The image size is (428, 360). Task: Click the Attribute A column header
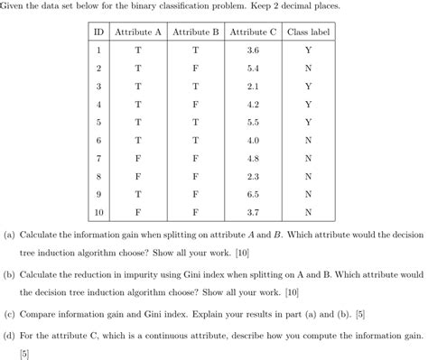[138, 32]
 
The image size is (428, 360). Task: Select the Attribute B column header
[195, 32]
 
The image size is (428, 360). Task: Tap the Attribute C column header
[253, 32]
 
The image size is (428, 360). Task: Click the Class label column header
[308, 32]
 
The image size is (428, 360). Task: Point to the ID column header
[98, 32]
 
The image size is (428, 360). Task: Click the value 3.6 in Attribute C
[253, 51]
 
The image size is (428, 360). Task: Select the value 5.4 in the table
[253, 69]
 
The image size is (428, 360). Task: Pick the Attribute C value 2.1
[253, 87]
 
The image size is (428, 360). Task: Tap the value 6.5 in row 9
[253, 194]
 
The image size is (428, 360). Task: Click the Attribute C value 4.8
[253, 158]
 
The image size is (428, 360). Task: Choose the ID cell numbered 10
[98, 212]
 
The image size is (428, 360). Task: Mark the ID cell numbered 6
[98, 140]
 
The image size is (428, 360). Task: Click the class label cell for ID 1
[308, 51]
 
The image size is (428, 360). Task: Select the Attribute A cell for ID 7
[138, 158]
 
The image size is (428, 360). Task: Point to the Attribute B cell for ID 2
[195, 69]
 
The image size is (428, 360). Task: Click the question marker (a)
[10, 234]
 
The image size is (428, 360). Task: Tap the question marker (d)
[10, 335]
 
